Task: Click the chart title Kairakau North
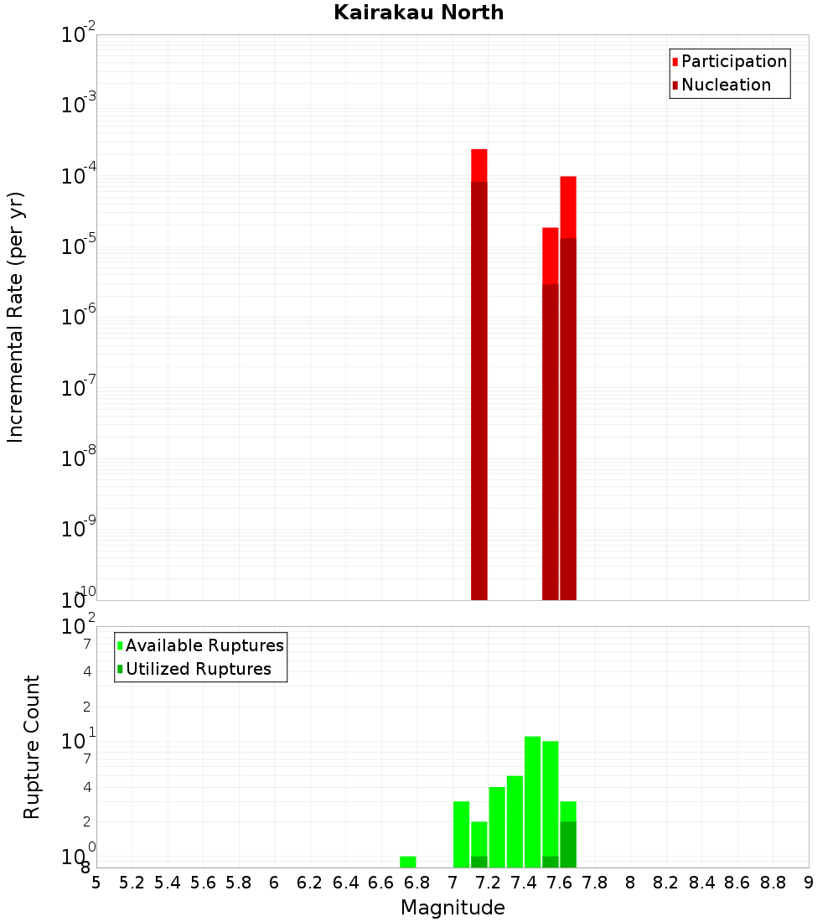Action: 418,13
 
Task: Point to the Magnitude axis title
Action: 453,908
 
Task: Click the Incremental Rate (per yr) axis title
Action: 16,317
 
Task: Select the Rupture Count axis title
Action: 32,747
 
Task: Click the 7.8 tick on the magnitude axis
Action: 595,883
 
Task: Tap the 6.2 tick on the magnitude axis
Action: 310,883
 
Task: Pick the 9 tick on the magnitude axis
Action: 809,883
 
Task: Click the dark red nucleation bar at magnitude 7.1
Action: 479,386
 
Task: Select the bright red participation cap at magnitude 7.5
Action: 551,255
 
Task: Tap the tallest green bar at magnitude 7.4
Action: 532,800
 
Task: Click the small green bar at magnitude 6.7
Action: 408,862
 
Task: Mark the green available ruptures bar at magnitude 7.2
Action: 497,826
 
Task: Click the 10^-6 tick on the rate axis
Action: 79,317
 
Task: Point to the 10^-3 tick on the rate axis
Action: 79,105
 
